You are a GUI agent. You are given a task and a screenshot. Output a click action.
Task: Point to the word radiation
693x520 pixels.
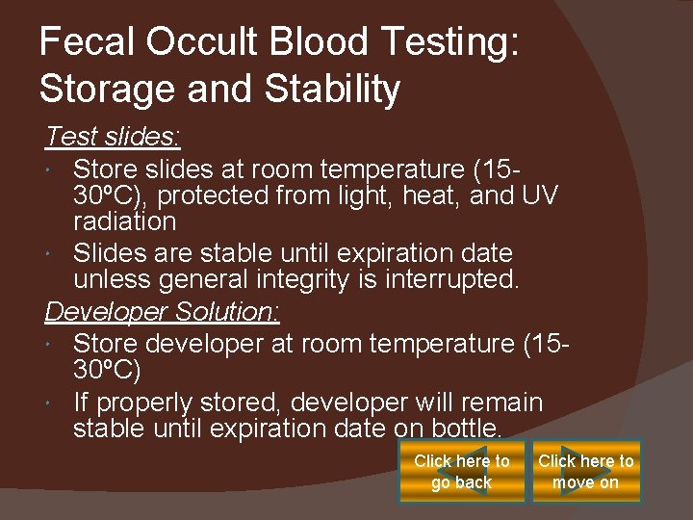pos(125,221)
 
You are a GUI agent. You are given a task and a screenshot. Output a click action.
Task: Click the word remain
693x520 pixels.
pos(497,402)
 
